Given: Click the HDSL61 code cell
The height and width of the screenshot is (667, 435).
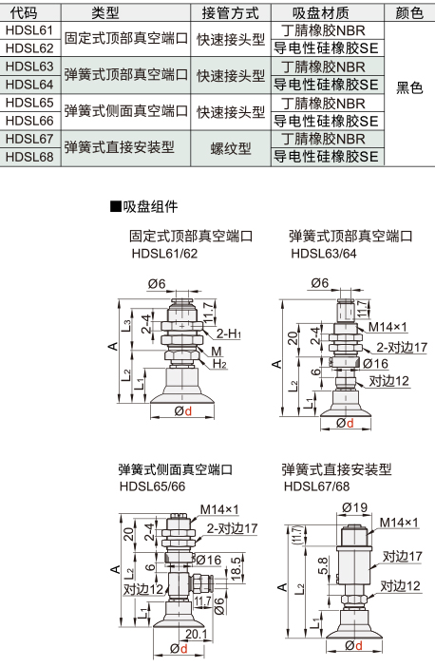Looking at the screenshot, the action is pos(29,30).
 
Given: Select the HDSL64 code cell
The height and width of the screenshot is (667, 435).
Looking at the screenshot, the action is pos(29,85).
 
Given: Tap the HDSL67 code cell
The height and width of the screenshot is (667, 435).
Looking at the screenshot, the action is pos(29,139).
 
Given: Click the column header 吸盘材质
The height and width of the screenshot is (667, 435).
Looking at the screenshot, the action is pos(321,13).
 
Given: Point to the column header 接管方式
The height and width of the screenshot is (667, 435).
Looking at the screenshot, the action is pos(230,13).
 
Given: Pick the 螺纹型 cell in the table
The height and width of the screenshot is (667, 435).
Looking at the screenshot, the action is pos(231,148).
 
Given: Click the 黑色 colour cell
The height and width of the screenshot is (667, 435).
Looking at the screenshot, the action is pos(409,87).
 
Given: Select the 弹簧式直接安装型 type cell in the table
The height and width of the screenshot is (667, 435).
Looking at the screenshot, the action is pos(120,147).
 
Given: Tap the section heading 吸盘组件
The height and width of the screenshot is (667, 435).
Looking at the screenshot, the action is pos(144,207).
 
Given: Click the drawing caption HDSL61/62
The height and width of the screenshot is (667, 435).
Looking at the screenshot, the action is pos(164,254).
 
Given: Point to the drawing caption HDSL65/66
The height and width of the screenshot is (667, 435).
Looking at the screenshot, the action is pos(152,486).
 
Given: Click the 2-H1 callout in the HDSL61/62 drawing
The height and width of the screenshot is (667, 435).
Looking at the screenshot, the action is pos(229,333).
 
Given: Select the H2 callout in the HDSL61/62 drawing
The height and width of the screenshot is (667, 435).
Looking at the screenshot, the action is pos(219,364).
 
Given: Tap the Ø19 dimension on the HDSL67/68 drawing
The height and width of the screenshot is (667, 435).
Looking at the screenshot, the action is pos(354,507).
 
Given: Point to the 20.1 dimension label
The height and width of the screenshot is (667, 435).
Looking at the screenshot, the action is pos(196,635).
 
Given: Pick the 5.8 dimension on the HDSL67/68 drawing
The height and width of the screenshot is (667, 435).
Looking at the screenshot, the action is pos(323,565).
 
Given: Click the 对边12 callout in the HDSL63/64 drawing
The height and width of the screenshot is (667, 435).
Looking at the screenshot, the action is pos(389,381).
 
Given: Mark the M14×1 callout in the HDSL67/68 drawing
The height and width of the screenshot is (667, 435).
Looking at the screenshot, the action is pos(399,523).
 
